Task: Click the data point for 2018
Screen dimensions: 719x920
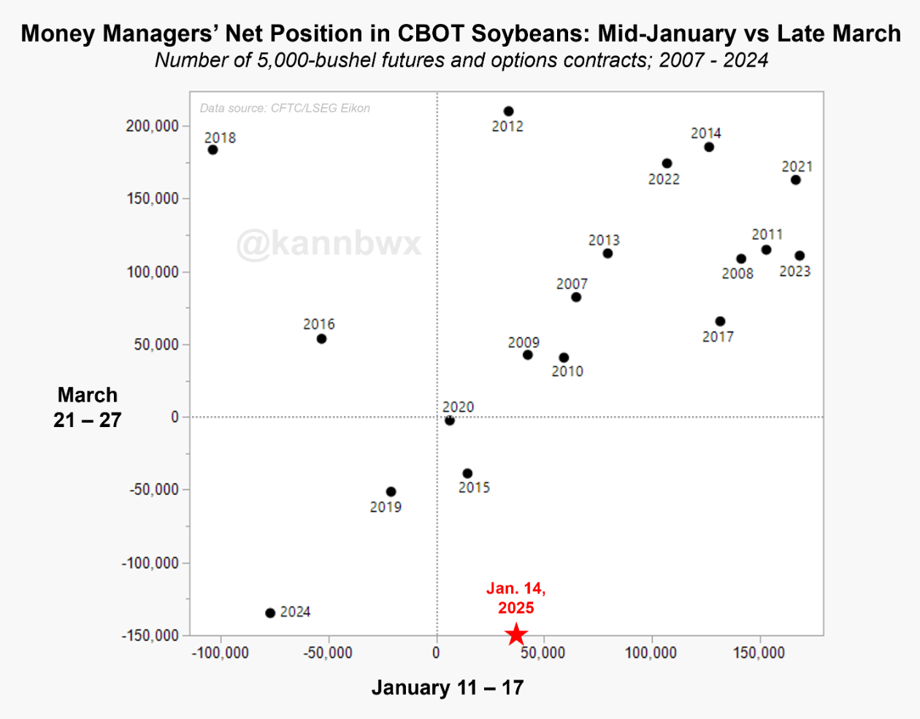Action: (x=212, y=150)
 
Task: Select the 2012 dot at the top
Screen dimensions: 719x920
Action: (x=508, y=112)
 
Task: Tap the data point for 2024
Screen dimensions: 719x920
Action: (x=270, y=613)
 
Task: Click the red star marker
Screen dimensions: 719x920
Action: (x=516, y=634)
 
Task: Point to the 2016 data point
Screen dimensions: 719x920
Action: (x=321, y=339)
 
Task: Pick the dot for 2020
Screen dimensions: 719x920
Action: (x=450, y=420)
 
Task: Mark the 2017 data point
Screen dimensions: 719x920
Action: (x=720, y=321)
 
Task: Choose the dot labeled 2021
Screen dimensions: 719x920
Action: (x=796, y=180)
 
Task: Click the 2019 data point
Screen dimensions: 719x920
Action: (x=391, y=492)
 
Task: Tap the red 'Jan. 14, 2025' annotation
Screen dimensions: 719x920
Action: (x=516, y=598)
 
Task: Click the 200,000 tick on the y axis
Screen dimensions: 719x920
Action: (x=153, y=126)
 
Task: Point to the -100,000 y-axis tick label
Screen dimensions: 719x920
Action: (x=150, y=563)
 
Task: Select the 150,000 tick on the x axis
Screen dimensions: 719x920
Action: (x=759, y=653)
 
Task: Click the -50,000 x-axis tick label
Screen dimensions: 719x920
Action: (x=328, y=653)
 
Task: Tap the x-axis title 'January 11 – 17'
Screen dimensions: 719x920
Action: (x=448, y=688)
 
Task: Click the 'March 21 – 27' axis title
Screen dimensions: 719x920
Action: (x=88, y=407)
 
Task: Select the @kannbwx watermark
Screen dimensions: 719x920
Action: (x=329, y=243)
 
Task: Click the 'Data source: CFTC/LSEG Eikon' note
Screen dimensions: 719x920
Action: (x=285, y=108)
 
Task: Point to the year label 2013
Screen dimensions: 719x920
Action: (x=604, y=240)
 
